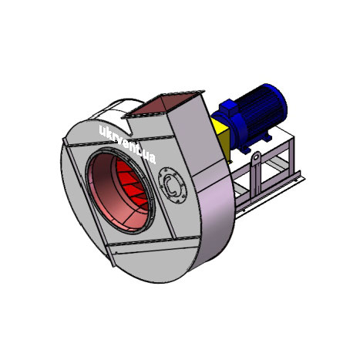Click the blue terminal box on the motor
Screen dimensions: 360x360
pos(227,107)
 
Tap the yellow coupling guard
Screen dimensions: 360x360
pos(221,139)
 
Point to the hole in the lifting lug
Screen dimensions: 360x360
pos(255,157)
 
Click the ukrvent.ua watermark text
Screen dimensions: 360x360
pos(127,145)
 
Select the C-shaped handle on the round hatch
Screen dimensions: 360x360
pos(170,185)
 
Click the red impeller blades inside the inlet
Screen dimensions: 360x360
pos(133,184)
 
